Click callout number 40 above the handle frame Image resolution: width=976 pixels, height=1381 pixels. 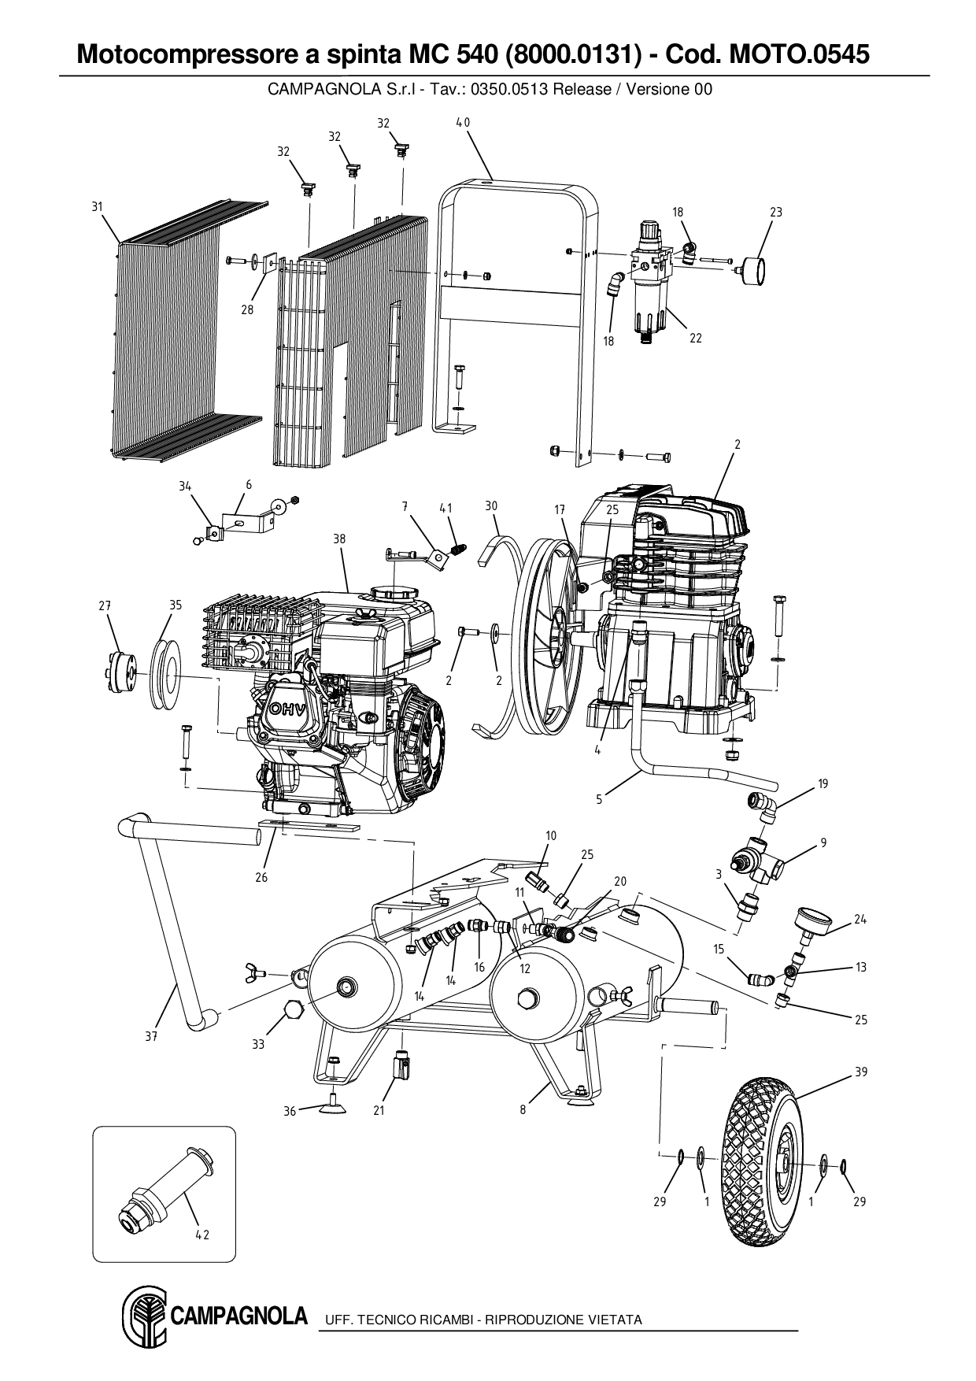pos(463,122)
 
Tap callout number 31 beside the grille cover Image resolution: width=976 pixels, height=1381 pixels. pos(97,206)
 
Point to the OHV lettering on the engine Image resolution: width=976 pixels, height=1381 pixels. pos(288,708)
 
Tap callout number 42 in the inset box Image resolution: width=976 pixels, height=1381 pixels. pos(202,1235)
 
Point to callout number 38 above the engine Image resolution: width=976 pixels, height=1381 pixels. pos(339,539)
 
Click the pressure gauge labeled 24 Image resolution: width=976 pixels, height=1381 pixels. pos(810,921)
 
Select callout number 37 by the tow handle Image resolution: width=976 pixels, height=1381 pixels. pos(151,1036)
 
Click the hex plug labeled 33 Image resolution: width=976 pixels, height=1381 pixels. pos(292,1010)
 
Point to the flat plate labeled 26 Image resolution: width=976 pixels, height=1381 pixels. pos(309,827)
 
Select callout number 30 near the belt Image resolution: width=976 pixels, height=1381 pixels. pos(491,505)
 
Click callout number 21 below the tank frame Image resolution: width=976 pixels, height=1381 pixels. pos(379,1111)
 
